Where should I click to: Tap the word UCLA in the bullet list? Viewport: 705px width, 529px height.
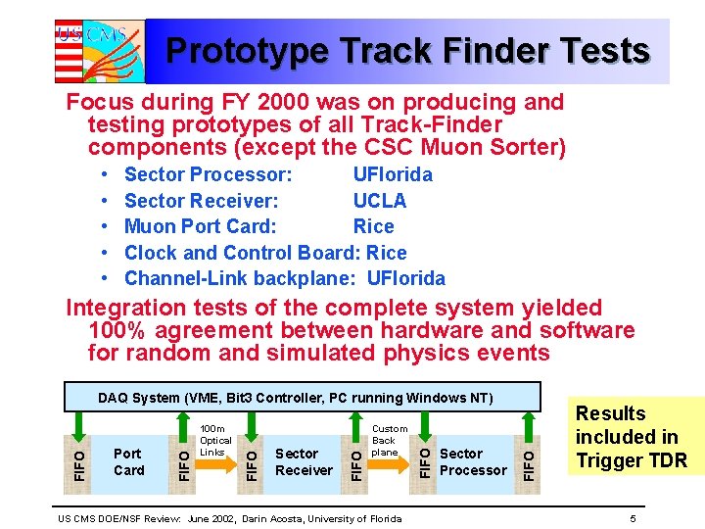coord(379,201)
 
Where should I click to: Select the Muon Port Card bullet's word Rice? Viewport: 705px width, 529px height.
coord(373,226)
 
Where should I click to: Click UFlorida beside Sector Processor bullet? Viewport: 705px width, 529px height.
coord(392,175)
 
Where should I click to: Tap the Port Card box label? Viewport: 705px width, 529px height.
coord(128,461)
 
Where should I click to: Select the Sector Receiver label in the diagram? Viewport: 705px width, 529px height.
coord(304,461)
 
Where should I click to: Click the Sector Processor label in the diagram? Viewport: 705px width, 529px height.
coord(473,461)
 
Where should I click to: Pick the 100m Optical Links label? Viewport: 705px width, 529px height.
coord(214,441)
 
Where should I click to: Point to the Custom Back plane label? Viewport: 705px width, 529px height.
coord(390,441)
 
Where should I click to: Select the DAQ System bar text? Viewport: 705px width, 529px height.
coord(295,398)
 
